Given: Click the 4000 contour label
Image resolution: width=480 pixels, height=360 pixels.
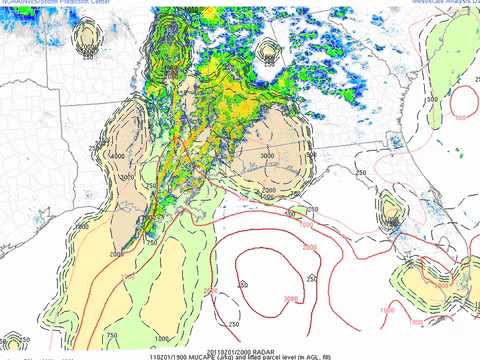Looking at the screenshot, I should click(x=118, y=156).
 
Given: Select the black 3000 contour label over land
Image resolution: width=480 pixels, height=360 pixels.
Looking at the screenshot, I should click(x=268, y=157).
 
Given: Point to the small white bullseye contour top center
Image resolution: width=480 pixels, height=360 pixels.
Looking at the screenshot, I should click(x=268, y=50).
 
